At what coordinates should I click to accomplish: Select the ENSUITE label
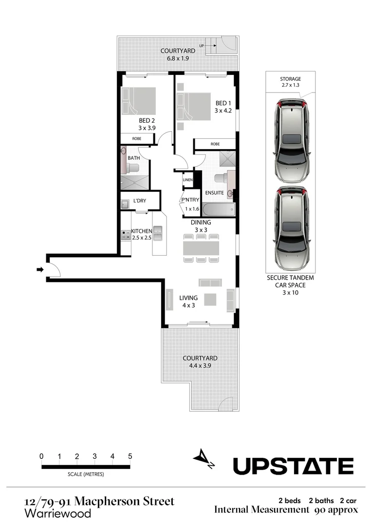point(214,193)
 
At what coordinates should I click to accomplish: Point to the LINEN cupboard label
point(187,180)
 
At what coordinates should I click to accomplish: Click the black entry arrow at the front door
point(39,269)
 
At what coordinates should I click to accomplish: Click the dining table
point(201,248)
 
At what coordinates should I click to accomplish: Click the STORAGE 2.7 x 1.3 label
point(290,82)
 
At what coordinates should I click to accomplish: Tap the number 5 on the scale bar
point(130,456)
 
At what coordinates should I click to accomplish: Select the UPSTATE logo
point(293,466)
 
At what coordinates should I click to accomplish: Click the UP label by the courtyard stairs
point(201,46)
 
